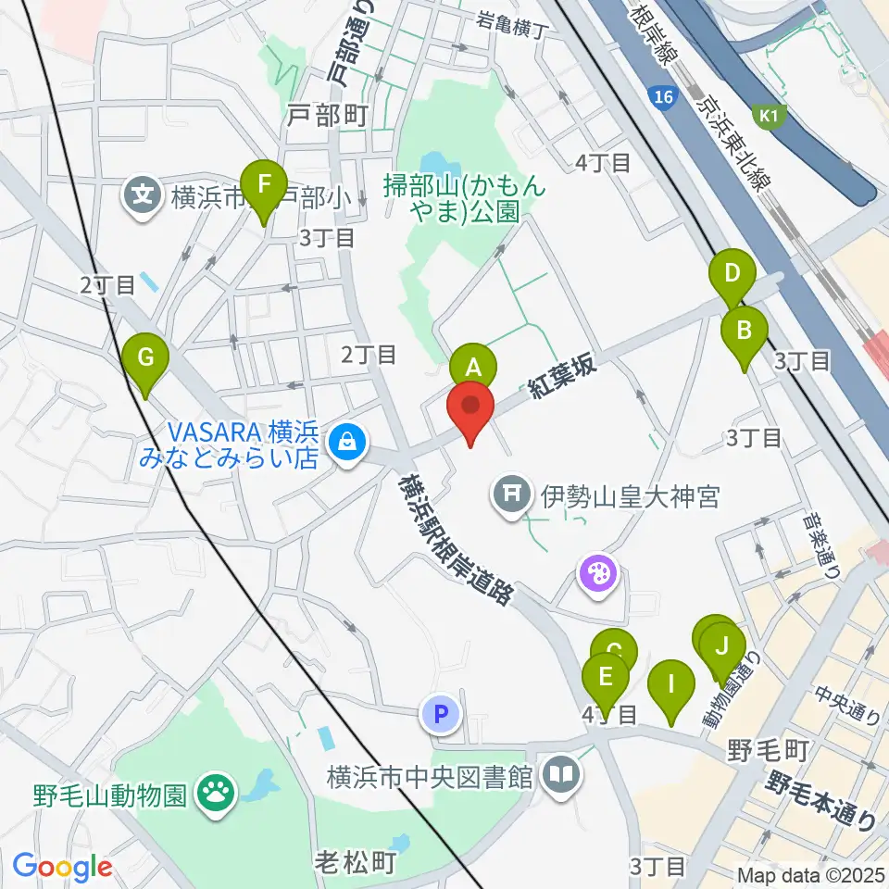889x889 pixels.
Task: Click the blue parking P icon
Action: click(x=441, y=713)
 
